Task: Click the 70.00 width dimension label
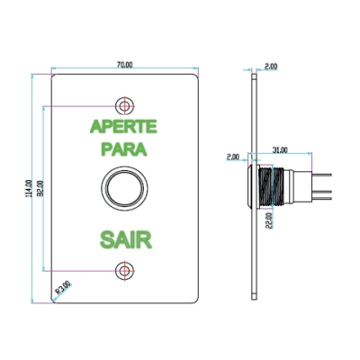[x=124, y=65]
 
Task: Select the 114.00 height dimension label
[x=30, y=186]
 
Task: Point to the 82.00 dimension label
[x=41, y=186]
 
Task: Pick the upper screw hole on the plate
[x=124, y=103]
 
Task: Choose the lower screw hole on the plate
[x=124, y=269]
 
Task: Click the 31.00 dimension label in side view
[x=278, y=148]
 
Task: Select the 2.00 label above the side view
[x=269, y=67]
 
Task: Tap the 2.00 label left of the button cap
[x=233, y=157]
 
